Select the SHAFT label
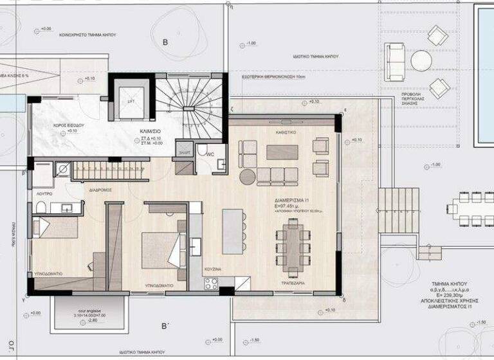coord(185,153)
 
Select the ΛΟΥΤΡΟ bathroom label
coord(42,192)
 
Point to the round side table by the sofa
coord(247,176)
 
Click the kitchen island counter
coord(232,231)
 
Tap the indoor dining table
coord(292,249)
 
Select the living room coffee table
coord(282,152)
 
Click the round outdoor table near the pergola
coord(421,60)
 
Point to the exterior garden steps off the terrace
coord(398,210)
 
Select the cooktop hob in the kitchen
coord(211,283)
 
